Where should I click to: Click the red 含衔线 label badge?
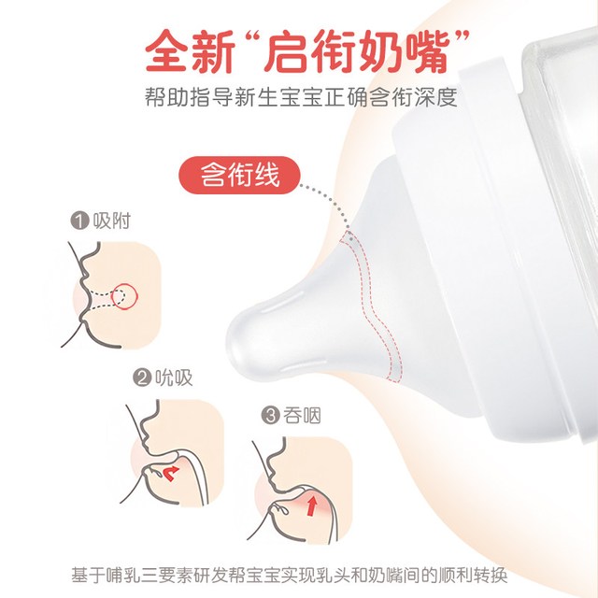[239, 175]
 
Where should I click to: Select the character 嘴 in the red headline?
[426, 50]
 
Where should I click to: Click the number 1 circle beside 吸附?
[79, 221]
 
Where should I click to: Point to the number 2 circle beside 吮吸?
[142, 377]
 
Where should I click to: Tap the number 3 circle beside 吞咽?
[270, 415]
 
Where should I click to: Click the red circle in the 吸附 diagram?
[124, 295]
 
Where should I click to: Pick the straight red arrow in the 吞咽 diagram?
[313, 505]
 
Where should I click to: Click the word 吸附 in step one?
[112, 221]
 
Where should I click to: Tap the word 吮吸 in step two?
[174, 377]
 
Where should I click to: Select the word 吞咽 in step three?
[302, 415]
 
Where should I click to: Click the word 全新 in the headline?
[190, 50]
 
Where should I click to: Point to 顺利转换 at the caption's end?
[473, 576]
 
